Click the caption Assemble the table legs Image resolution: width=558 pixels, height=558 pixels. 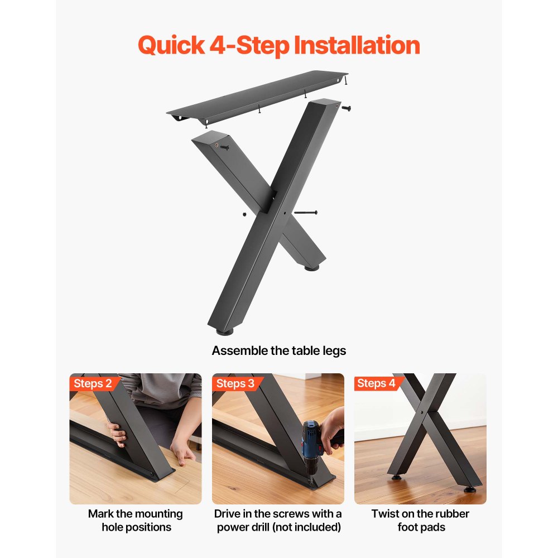[x=279, y=350]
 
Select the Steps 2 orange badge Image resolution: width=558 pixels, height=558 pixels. [x=93, y=383]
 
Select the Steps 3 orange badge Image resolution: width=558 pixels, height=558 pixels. [x=235, y=383]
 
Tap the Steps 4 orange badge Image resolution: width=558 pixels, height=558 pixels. [x=377, y=383]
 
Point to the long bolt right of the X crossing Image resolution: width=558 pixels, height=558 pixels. [x=305, y=213]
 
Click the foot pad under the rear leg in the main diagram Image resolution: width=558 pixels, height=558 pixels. [x=312, y=268]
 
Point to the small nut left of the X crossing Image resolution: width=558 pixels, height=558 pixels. [x=244, y=214]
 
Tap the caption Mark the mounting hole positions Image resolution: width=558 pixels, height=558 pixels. [x=135, y=520]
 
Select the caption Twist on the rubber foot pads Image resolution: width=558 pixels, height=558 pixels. [x=421, y=520]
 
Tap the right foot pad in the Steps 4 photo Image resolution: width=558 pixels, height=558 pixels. [x=470, y=489]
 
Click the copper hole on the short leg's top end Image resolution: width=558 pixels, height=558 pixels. [x=215, y=143]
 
